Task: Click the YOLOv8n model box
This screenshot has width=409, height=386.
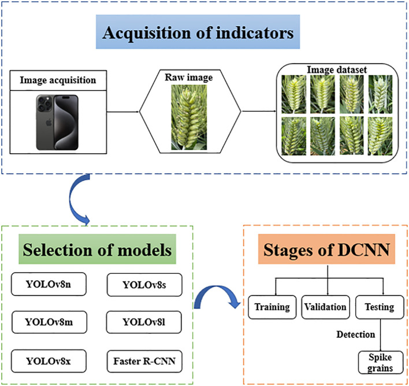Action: coord(49,284)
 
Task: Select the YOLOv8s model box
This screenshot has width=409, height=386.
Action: coord(144,285)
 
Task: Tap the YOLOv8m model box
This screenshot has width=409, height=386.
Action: coord(49,322)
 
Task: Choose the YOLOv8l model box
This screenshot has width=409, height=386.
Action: coord(144,322)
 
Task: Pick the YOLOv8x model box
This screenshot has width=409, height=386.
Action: coord(49,361)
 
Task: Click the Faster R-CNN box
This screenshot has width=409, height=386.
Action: coord(144,361)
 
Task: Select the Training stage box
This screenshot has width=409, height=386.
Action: coord(272,307)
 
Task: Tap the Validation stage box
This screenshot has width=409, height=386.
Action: coord(325,307)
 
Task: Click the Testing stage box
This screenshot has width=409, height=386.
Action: coord(380,307)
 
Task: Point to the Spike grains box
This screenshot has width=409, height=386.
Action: coord(380,362)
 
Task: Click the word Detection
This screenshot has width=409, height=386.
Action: coord(355,334)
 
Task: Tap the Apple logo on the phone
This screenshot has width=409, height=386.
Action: coord(49,122)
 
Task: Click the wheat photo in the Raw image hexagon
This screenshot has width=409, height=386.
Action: coord(189,117)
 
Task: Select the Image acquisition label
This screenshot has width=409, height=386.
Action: coord(58,80)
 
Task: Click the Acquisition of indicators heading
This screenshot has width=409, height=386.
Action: coord(198,32)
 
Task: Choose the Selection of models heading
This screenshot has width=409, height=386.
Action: coord(97,249)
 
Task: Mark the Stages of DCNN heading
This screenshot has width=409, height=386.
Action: coord(326,249)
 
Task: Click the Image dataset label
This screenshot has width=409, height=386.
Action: coord(337,70)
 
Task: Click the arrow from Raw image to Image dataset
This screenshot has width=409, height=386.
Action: coord(259,111)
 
